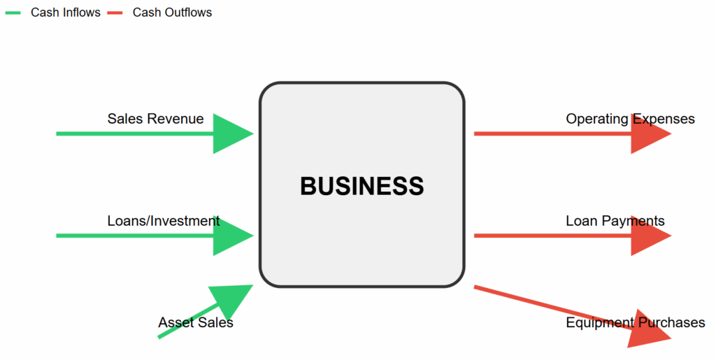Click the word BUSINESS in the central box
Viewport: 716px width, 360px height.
361,186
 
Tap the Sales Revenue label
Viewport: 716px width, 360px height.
155,119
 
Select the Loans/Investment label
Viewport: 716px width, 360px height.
163,221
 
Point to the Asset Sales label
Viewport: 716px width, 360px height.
195,323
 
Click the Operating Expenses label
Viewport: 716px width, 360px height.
630,119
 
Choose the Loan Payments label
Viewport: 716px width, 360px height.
615,221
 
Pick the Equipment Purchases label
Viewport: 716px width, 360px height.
635,323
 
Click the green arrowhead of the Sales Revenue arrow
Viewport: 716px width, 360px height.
231,133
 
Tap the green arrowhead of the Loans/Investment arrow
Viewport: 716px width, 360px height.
231,236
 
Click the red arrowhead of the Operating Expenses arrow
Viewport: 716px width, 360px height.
648,133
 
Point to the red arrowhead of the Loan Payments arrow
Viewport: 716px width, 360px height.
648,236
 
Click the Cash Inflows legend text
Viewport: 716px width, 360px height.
65,13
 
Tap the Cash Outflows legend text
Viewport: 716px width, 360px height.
172,13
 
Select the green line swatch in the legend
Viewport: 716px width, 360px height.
13,13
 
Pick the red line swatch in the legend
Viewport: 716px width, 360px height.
115,13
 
